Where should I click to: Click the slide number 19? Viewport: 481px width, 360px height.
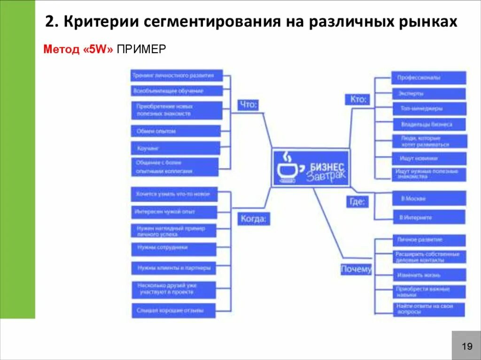point(466,346)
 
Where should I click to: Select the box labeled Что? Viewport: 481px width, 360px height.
point(248,105)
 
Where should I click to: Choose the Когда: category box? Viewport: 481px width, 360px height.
point(254,218)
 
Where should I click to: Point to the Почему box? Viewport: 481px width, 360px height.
point(356,269)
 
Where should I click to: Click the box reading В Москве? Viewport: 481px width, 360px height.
point(429,198)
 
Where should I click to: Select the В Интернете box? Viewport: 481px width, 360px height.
point(429,217)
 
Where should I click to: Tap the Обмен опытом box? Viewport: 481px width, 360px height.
point(175,131)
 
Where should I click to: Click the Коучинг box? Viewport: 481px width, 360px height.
point(175,148)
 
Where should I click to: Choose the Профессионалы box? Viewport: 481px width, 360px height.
point(428,78)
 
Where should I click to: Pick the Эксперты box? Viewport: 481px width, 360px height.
point(428,93)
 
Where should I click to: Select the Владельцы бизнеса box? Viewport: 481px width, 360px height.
point(428,124)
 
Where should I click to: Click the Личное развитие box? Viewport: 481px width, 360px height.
point(428,240)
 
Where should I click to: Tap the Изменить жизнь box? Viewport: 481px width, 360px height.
point(428,275)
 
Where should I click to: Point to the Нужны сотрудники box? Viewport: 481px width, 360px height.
point(174,247)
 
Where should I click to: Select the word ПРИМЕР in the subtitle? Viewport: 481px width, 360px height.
point(141,49)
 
